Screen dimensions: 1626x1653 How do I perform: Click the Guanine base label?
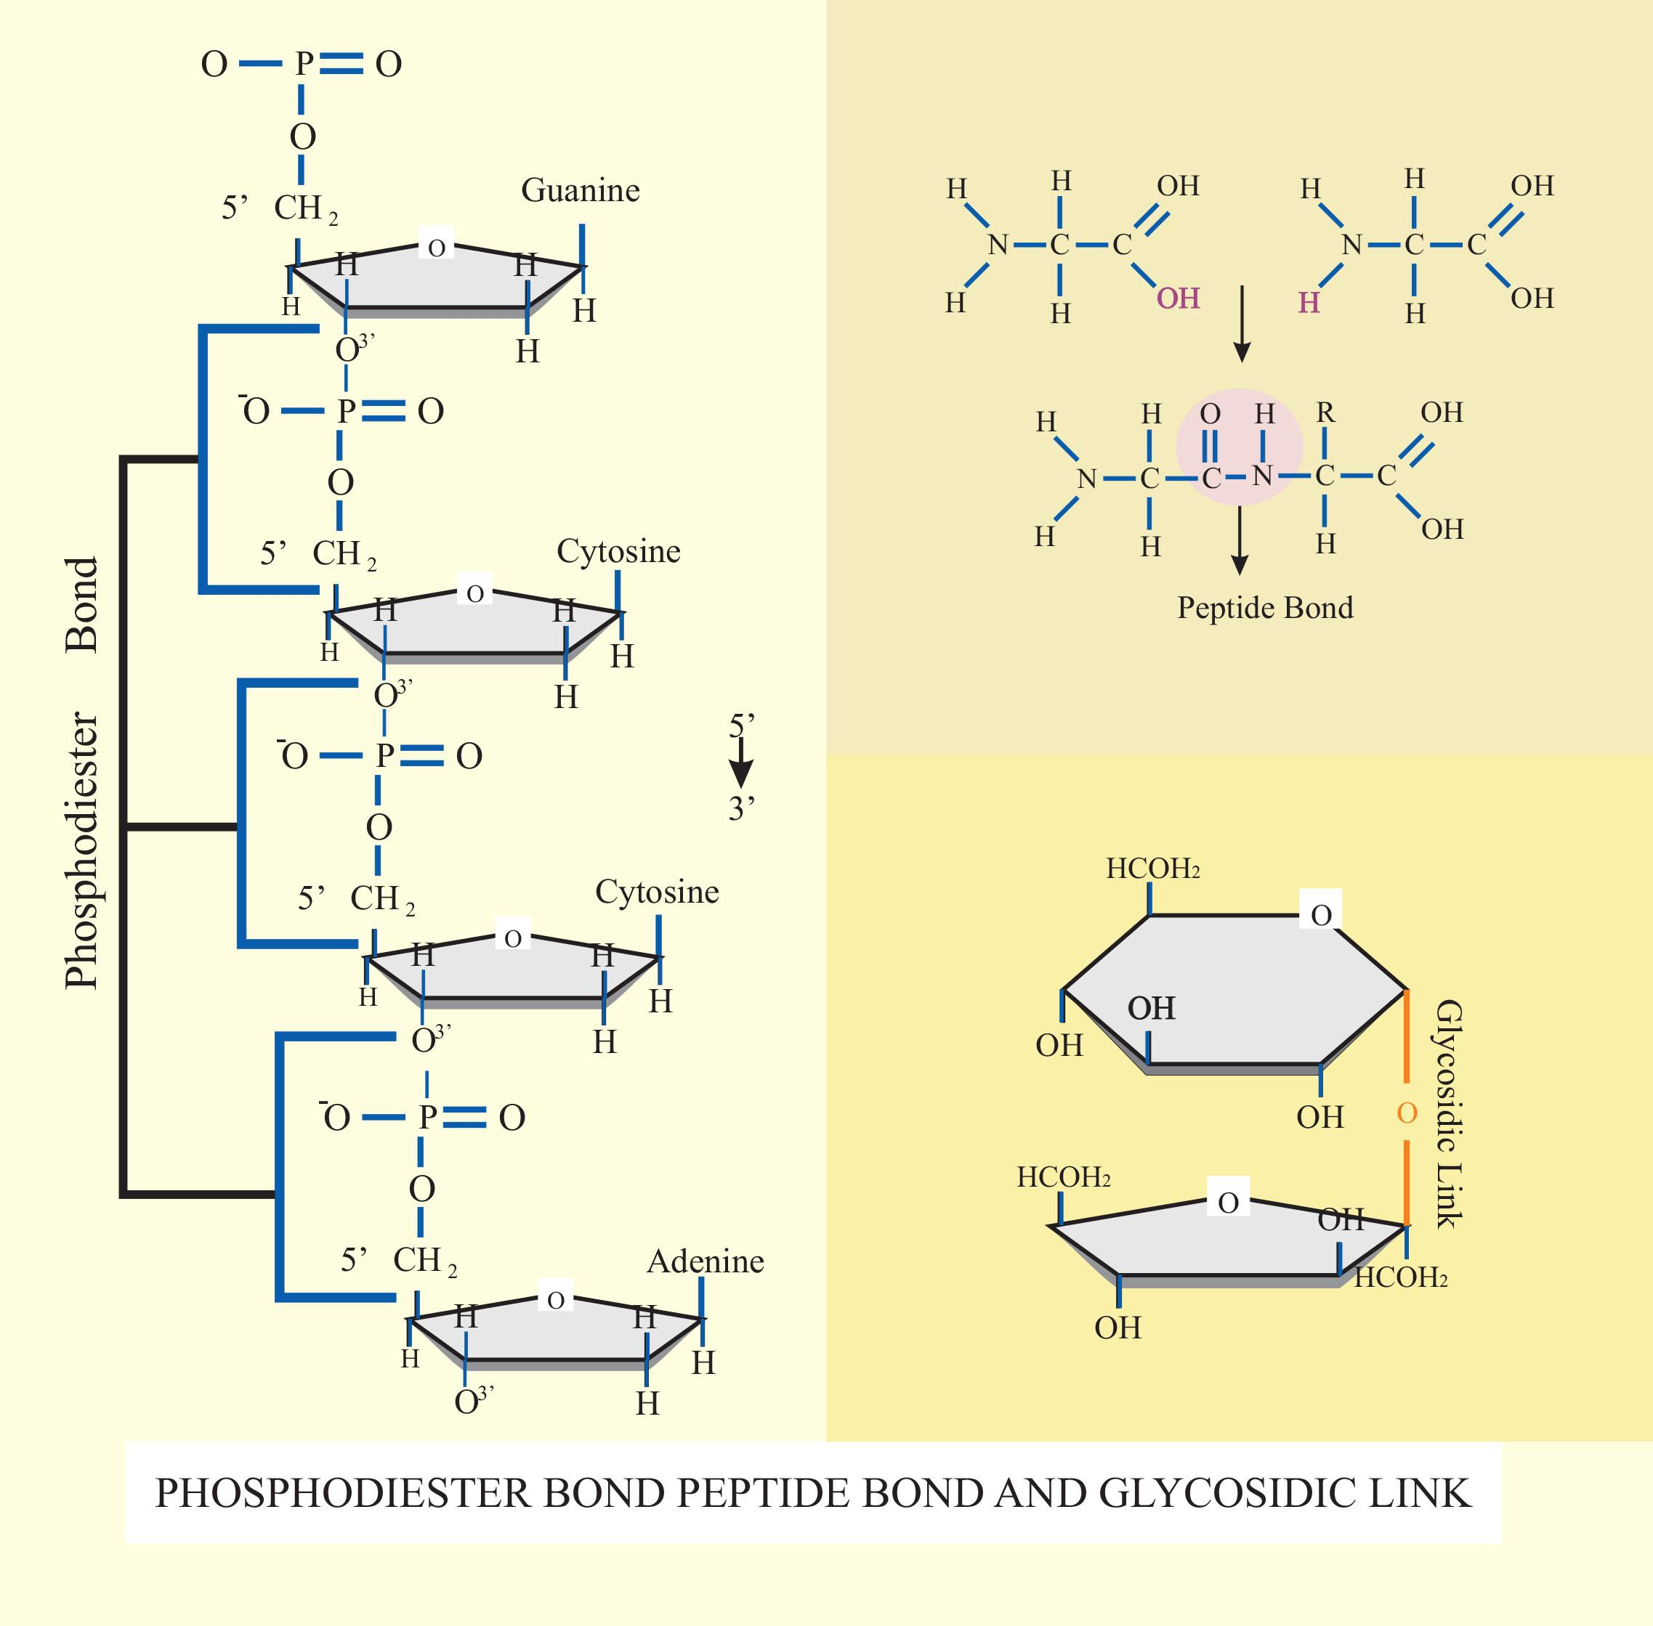(x=580, y=190)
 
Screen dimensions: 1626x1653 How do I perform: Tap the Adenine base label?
(x=705, y=1261)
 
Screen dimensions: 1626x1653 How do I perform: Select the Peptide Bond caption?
(x=1265, y=608)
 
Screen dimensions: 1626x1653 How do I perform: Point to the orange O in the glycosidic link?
(x=1407, y=1113)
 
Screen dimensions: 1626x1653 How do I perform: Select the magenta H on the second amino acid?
(x=1309, y=303)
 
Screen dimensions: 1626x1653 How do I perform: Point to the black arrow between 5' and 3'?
(x=740, y=763)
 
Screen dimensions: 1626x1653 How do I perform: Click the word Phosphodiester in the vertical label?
(x=83, y=850)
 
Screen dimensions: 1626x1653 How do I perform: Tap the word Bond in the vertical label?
(x=83, y=605)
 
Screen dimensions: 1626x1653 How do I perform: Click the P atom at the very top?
(x=303, y=64)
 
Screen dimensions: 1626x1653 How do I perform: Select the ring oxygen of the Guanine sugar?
(x=437, y=248)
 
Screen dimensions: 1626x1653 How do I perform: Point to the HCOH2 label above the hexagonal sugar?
(x=1152, y=869)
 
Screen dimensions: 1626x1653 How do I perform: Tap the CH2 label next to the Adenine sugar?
(x=419, y=1261)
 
